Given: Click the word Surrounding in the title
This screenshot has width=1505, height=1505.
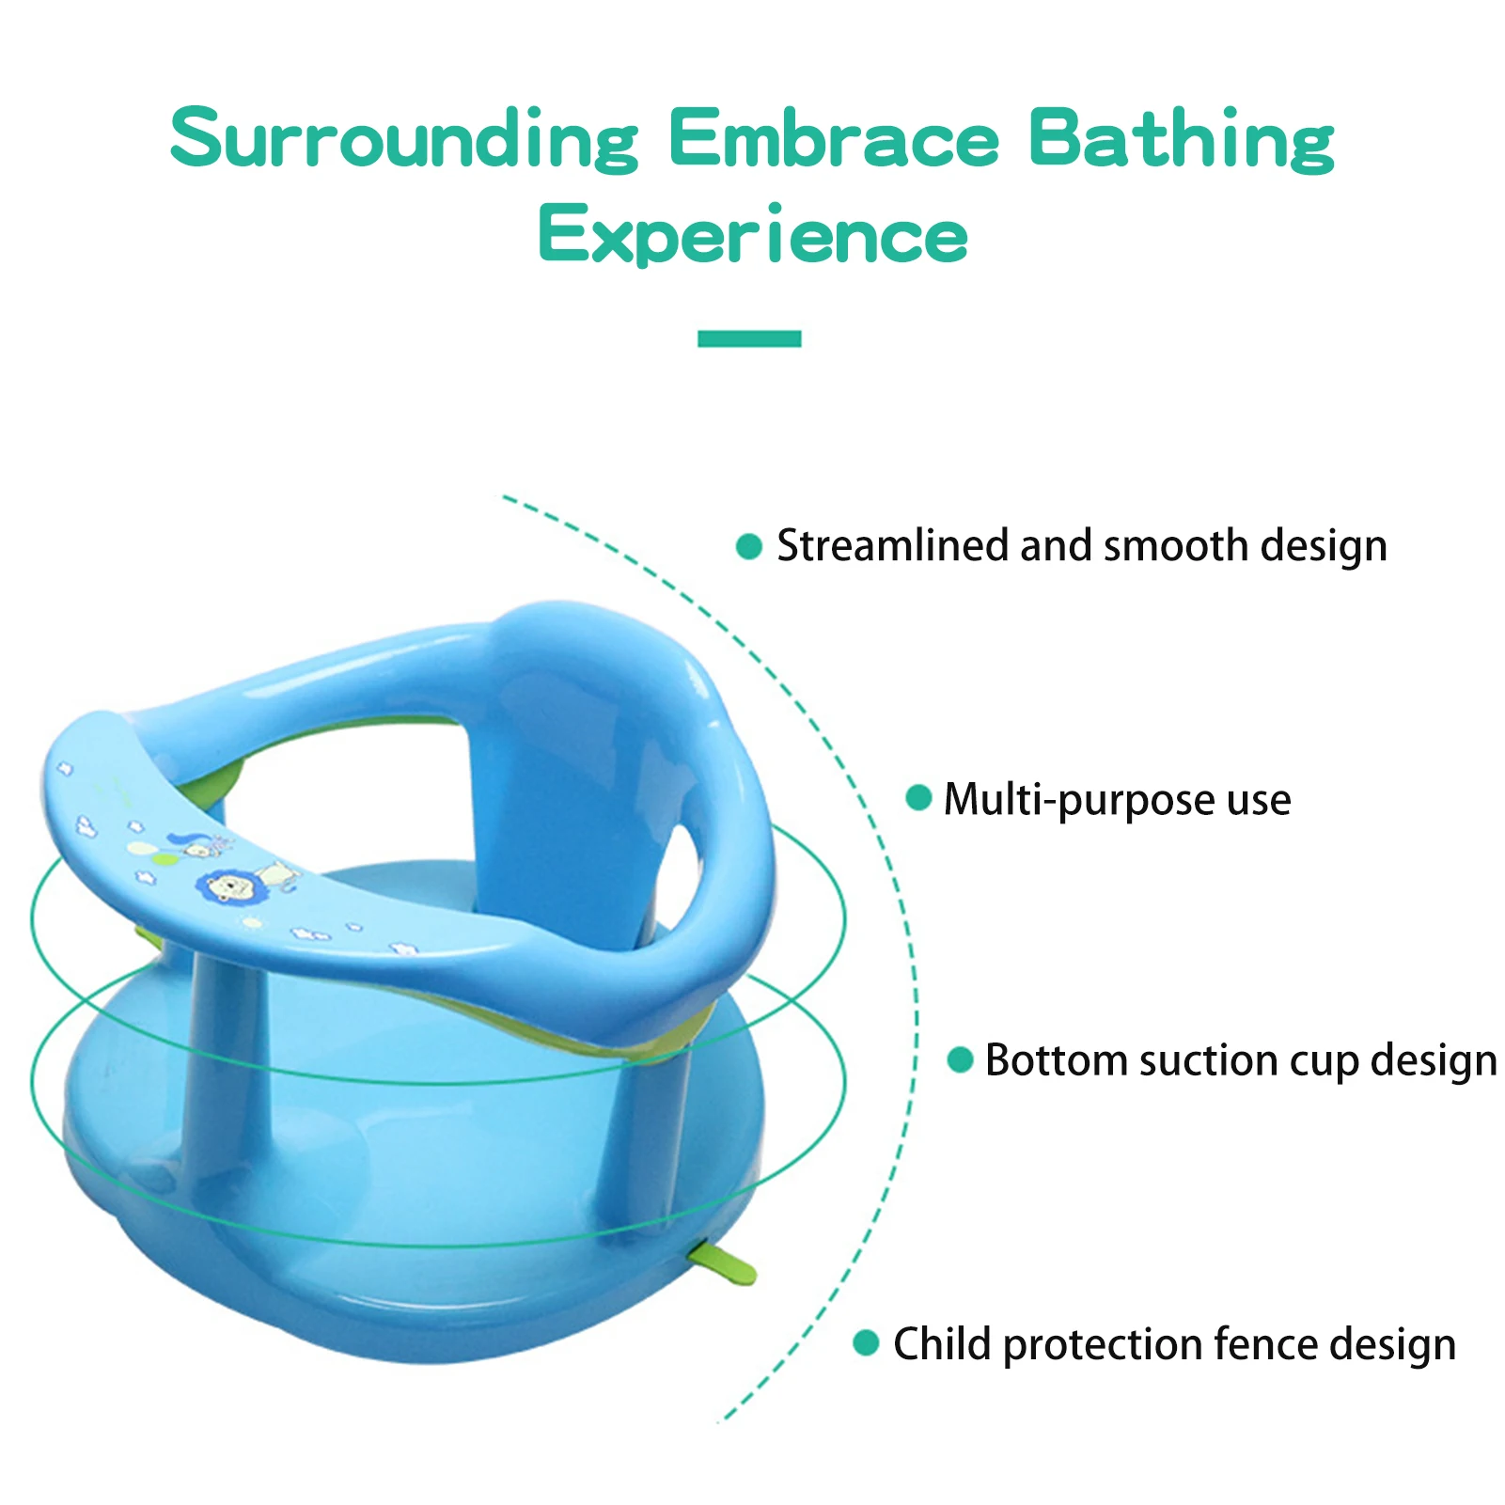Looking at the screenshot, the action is coord(405,139).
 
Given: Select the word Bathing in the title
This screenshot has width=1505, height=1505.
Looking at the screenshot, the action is coord(1181,139).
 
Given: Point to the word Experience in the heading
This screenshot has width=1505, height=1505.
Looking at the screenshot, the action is coord(753,234).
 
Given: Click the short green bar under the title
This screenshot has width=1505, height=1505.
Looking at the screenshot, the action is coord(749,338).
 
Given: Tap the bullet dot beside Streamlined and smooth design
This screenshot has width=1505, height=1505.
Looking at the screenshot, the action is coord(749,546).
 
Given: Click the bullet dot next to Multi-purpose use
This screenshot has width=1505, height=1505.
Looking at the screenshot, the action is coord(918,798).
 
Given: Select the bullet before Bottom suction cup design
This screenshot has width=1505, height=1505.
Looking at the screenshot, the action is coord(960,1059).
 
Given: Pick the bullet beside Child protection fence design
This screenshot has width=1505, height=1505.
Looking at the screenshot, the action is coord(866,1342).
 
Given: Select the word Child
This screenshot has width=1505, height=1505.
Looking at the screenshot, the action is coord(942,1344).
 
